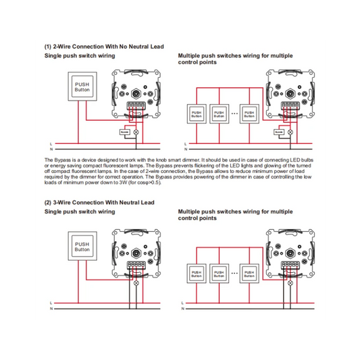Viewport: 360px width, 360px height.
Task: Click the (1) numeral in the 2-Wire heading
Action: pyautogui.click(x=48, y=47)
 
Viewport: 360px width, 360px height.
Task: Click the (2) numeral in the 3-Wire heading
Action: pyautogui.click(x=48, y=203)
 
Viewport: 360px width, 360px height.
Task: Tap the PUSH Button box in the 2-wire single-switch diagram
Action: pyautogui.click(x=82, y=87)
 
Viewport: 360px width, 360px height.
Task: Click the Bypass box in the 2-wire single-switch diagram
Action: pyautogui.click(x=126, y=132)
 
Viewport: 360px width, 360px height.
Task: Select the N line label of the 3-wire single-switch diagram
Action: pyautogui.click(x=51, y=309)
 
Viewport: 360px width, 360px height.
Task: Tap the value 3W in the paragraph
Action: pyautogui.click(x=103, y=182)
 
